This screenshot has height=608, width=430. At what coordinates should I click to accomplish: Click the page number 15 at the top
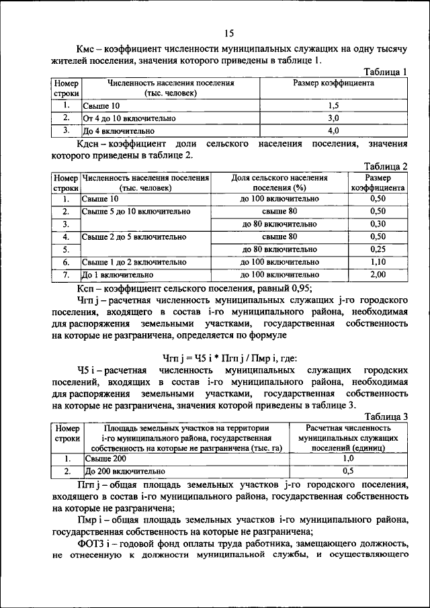(x=228, y=34)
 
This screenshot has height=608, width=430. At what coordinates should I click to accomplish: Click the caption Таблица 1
(x=385, y=72)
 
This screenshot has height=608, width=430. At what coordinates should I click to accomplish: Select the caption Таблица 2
(x=385, y=167)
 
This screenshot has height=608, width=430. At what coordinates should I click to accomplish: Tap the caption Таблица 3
(x=385, y=417)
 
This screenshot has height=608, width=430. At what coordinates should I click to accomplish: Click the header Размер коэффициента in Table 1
(x=334, y=84)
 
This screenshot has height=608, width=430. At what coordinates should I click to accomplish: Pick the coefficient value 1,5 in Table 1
(x=334, y=106)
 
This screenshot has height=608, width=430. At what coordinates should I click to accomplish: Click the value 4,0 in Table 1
(x=334, y=130)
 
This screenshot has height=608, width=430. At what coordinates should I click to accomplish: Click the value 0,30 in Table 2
(x=378, y=224)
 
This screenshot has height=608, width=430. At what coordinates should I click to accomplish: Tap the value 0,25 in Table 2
(x=378, y=249)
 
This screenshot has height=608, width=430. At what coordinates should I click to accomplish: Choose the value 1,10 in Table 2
(x=378, y=262)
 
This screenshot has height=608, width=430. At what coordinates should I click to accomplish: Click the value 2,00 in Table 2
(x=378, y=275)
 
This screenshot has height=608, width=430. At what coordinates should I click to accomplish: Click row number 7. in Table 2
(x=66, y=275)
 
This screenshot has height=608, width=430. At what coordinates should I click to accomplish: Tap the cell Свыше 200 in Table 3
(x=104, y=459)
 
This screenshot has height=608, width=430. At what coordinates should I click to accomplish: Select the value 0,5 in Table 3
(x=348, y=471)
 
